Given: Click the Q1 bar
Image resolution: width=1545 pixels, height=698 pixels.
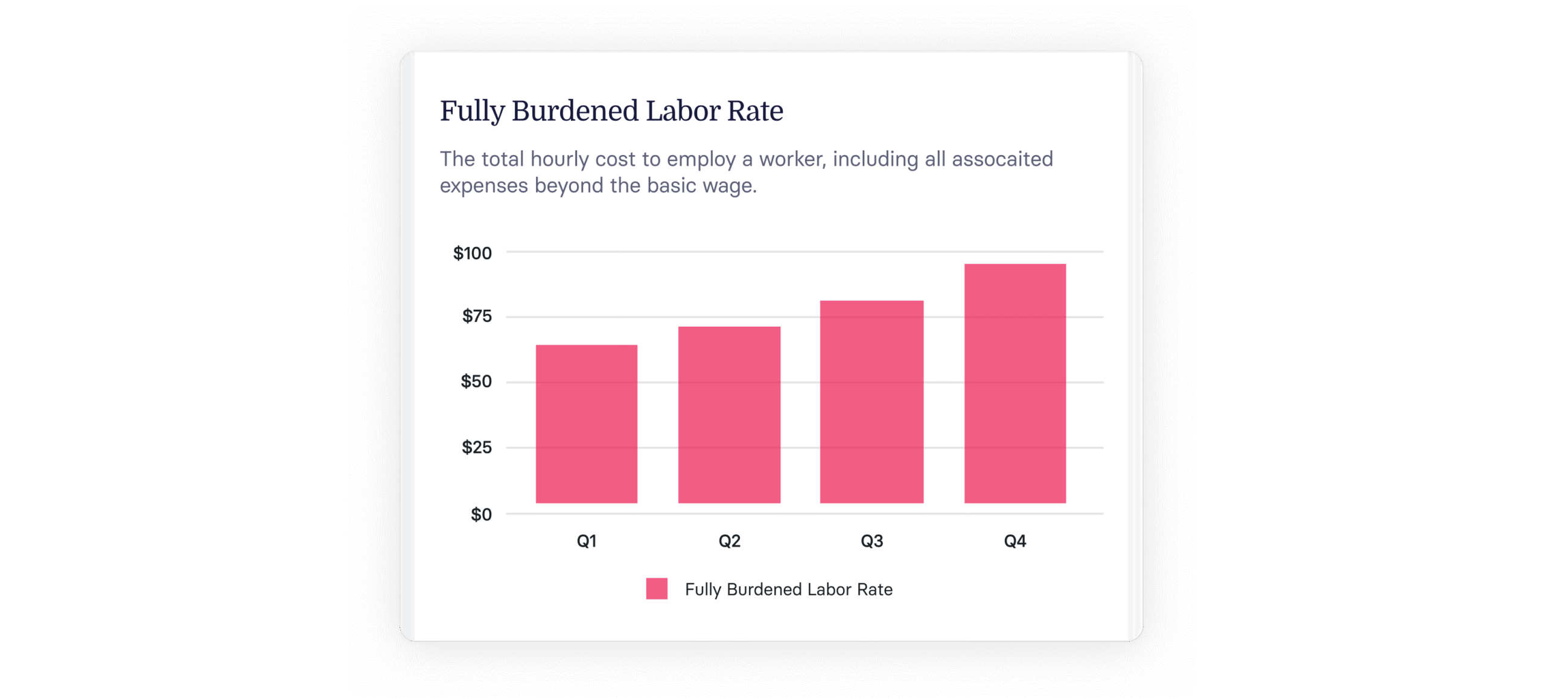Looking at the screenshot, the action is click(x=586, y=423).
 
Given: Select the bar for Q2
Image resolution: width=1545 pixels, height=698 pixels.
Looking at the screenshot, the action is click(x=729, y=414).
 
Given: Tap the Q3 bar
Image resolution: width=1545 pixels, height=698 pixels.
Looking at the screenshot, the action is click(x=871, y=402).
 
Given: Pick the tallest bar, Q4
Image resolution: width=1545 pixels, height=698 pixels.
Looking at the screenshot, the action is click(x=1015, y=383).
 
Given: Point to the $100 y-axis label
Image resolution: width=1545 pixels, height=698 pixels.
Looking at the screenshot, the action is click(x=473, y=253).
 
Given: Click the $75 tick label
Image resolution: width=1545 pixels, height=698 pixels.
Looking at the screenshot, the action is click(x=477, y=316).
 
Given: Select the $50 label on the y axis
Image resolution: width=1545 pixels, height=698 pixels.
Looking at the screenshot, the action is click(x=476, y=381).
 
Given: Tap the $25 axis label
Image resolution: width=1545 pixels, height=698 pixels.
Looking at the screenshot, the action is click(x=477, y=447).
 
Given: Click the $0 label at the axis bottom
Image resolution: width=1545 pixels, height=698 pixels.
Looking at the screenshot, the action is click(x=481, y=514).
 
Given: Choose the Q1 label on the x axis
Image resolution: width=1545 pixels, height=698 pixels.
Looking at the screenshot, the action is click(x=587, y=540).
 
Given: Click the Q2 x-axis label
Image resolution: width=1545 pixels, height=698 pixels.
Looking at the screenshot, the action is click(x=729, y=540).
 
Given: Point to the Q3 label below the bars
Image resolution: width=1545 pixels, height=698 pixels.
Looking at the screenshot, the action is click(x=871, y=540).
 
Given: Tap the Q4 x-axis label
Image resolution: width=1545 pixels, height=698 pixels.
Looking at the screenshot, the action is click(x=1015, y=540).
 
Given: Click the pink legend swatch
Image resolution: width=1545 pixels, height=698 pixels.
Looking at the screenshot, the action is click(x=657, y=588).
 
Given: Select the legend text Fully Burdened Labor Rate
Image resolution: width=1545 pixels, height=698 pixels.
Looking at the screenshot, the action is click(x=789, y=589).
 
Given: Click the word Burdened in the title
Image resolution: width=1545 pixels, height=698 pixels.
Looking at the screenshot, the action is click(x=575, y=110).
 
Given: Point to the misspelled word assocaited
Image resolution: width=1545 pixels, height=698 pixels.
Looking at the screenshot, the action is click(x=1002, y=159).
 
